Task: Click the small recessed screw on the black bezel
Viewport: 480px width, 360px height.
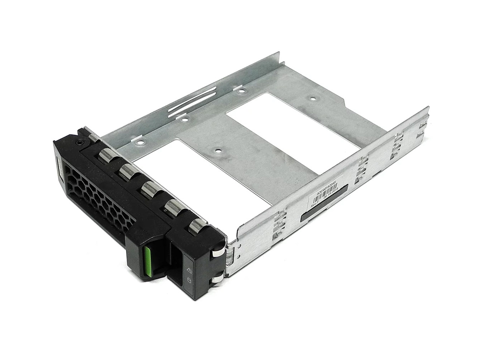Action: tap(79, 143)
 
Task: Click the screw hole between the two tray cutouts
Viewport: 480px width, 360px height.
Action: tap(216, 151)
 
